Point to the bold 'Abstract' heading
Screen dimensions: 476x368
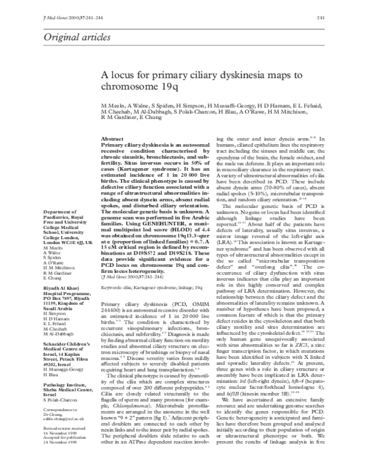coord(112,140)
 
